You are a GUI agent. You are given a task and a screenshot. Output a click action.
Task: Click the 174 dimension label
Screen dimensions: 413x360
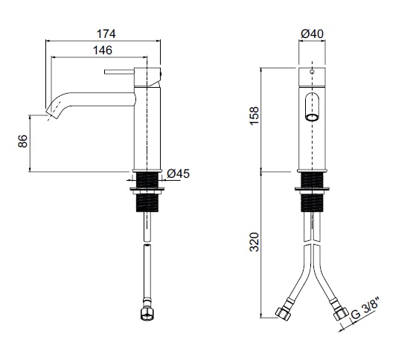point(106,33)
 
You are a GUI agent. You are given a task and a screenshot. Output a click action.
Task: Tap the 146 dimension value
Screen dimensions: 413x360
point(103,50)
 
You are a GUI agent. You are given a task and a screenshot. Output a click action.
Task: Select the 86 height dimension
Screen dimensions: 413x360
point(23,141)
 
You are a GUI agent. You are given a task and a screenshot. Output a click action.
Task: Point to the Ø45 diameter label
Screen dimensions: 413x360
point(179,173)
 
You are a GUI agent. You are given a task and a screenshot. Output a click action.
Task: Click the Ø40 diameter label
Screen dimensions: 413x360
point(312,33)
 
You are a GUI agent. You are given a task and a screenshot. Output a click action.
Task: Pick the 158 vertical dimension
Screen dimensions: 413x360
point(254,116)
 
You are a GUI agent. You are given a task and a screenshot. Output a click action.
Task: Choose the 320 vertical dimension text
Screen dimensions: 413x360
point(254,242)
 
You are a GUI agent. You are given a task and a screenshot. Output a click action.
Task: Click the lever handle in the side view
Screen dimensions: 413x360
point(119,72)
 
